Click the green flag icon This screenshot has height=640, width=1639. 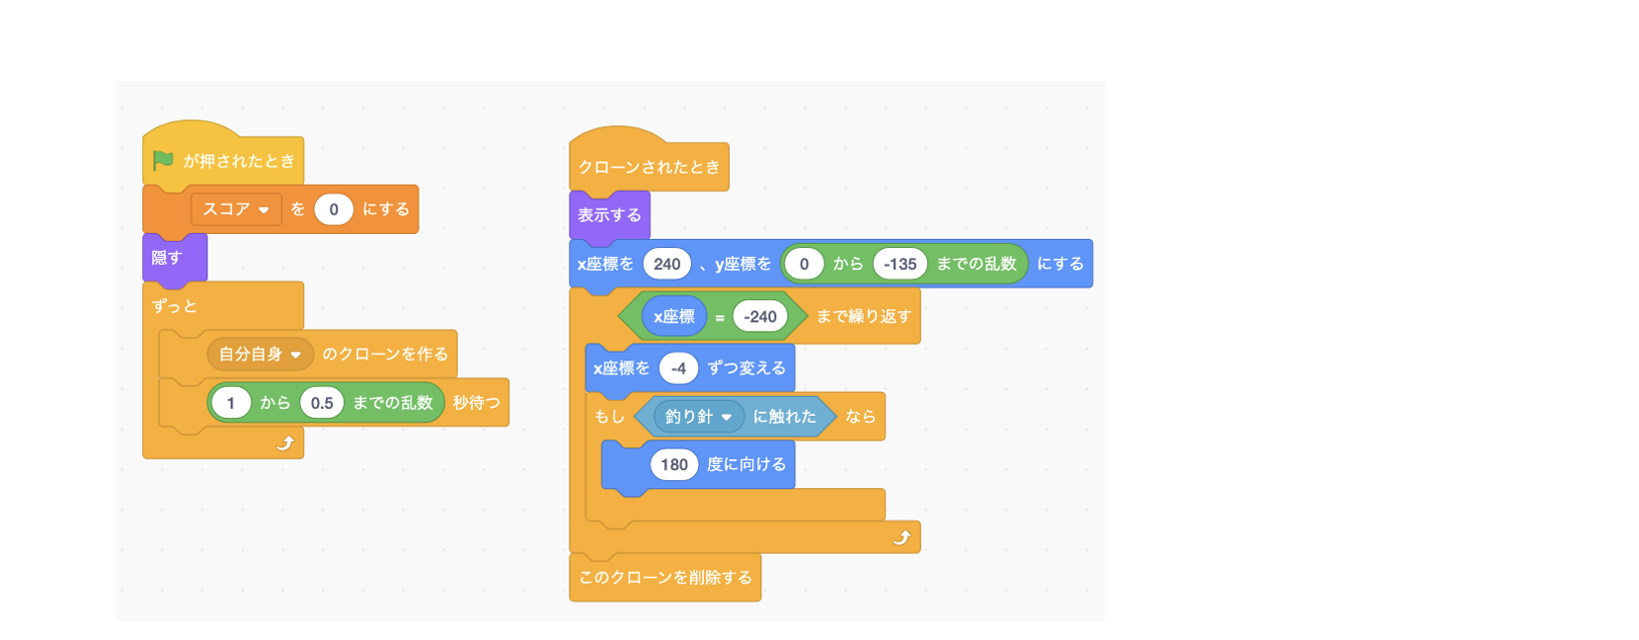163,160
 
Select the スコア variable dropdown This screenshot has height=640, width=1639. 236,209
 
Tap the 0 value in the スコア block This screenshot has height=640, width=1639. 334,209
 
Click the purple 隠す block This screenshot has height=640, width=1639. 175,258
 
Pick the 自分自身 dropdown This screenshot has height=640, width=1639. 261,355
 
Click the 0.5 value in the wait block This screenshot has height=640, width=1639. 322,403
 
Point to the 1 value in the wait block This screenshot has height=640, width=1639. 231,403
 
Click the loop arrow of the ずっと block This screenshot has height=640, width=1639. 285,443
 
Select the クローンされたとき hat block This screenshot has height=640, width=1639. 649,161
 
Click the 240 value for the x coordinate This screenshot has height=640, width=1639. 666,264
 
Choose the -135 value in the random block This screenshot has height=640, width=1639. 900,264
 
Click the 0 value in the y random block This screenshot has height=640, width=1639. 804,264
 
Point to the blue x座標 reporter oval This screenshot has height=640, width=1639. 674,316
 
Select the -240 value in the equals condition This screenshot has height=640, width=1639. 760,316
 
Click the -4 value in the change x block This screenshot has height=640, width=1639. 679,367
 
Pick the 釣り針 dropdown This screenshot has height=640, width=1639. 698,417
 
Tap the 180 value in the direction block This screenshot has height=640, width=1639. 674,464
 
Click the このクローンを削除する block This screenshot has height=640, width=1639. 665,578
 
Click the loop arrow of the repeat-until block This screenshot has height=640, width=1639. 902,537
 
